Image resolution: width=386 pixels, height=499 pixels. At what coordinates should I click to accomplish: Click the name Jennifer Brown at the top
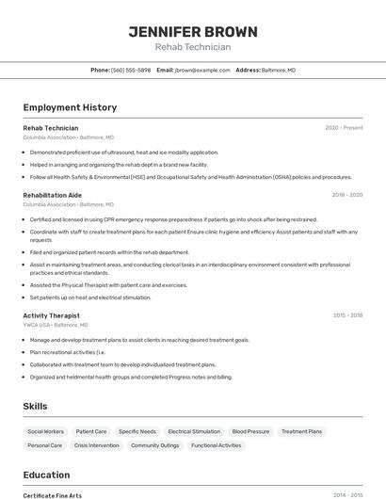point(192,31)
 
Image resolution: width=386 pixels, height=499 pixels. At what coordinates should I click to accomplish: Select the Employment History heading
point(70,107)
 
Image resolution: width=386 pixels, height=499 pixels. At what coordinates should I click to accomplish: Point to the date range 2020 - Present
point(344,128)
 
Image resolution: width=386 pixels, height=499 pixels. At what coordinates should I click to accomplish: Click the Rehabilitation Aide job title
point(52,195)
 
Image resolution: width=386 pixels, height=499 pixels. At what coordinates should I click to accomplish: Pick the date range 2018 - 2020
point(346,195)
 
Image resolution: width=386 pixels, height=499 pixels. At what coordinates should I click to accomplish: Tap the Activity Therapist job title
point(51,315)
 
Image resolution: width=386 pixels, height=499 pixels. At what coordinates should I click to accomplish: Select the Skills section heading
point(36,406)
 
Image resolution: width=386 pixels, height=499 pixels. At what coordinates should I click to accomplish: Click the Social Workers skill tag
point(46,431)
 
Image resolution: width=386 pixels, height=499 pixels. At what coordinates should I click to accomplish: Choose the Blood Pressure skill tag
point(250,431)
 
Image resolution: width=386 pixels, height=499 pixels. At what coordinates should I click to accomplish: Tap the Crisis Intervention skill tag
point(97,445)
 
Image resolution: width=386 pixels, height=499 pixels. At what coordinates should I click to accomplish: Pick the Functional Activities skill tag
point(216,445)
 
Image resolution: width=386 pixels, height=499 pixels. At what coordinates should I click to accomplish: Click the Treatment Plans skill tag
point(301,431)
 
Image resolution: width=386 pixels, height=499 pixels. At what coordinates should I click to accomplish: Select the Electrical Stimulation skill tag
point(194,431)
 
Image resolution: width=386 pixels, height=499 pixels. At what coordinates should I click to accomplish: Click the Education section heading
point(46,475)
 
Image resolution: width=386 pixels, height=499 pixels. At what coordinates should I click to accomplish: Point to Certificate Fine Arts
point(52,495)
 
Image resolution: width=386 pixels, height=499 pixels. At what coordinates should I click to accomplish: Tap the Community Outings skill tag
point(154,445)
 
